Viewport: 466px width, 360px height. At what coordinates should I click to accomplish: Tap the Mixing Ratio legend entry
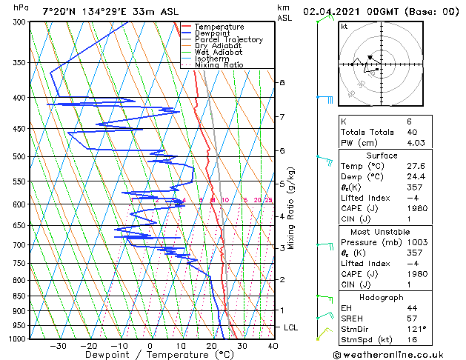click(219, 64)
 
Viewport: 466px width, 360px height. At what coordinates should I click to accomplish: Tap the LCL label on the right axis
click(292, 327)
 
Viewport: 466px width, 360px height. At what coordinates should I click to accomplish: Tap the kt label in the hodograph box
click(344, 27)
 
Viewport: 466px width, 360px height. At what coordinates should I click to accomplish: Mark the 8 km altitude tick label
click(282, 82)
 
